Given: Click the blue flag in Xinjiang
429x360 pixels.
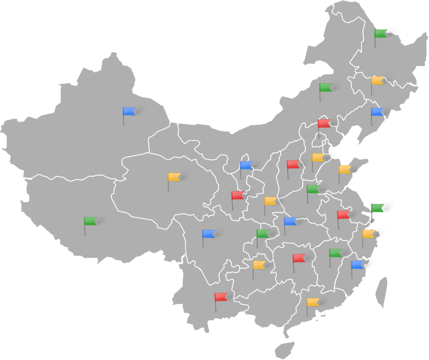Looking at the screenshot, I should (129, 111).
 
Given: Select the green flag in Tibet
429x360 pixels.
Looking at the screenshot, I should (91, 221).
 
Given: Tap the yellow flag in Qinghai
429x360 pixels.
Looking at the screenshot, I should (174, 177).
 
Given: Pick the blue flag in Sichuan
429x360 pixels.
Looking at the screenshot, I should (209, 234).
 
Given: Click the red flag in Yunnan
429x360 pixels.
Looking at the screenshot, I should (221, 297).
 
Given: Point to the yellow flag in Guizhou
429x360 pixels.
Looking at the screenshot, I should (259, 265).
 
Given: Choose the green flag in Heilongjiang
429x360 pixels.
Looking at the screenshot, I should (381, 34).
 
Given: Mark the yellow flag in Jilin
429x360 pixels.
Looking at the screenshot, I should (377, 81).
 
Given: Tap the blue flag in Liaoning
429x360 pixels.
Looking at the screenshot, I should (377, 112).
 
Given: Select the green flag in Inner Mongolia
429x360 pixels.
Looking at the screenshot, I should (326, 88).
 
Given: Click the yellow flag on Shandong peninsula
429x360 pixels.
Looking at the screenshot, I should (344, 169).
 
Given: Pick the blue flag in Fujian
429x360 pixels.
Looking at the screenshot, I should (357, 265).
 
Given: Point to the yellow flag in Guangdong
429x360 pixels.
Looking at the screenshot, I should (313, 302).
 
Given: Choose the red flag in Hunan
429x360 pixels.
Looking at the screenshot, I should (299, 258).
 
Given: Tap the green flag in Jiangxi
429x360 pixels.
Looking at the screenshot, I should (335, 253).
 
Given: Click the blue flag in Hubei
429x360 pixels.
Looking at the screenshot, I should (290, 221).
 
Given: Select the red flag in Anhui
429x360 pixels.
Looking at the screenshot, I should (343, 214).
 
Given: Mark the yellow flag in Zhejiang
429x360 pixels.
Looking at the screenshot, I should (368, 234).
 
